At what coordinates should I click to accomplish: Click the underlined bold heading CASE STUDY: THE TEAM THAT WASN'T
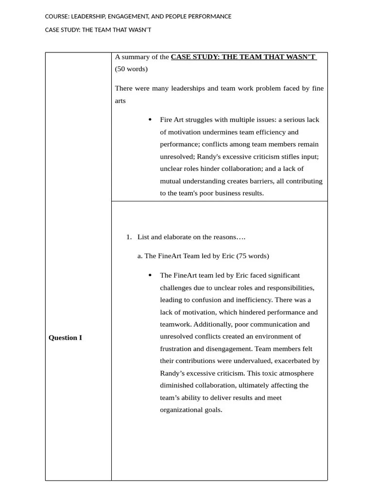point(243,57)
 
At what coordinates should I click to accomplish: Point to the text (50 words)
point(131,69)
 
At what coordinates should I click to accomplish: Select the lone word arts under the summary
point(120,101)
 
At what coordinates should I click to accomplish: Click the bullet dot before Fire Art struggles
point(150,120)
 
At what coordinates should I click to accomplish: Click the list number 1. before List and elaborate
point(129,237)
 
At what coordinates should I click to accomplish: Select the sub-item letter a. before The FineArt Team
point(140,256)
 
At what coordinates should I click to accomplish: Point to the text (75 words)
point(253,256)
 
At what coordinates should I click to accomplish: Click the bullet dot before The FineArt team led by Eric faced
point(150,275)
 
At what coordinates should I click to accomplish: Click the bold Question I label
point(65,338)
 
